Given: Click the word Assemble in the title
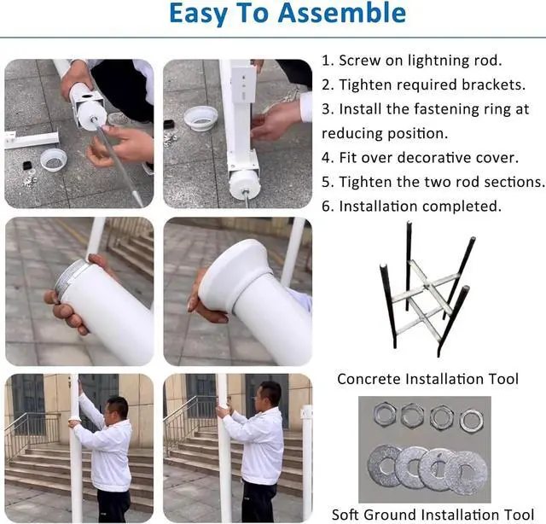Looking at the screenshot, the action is pos(341,13).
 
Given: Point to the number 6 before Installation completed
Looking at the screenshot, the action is pos(328,207).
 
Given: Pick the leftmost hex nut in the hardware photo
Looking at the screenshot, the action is pos(385,415).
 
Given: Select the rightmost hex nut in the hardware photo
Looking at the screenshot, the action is pos(471,420).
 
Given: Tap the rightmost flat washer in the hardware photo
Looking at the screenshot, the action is pos(468,473).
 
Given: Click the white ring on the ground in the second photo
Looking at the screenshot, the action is pos(201,119).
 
